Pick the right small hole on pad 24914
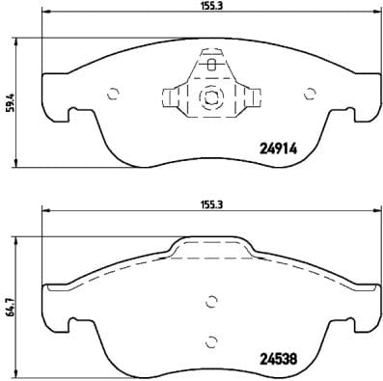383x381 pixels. (x=309, y=94)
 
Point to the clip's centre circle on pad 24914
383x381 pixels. (x=209, y=96)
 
